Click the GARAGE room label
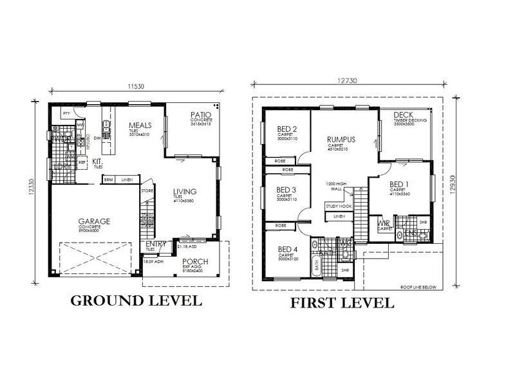coord(94,221)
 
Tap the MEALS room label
coord(140,125)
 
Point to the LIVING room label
coord(184,191)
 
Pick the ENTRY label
coord(155,244)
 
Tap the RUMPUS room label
coord(341,138)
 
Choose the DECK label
coord(403,116)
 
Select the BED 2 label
coord(286,128)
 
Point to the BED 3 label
coord(286,190)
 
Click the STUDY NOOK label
coord(339,207)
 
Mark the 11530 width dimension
coord(136,86)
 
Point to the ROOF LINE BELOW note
coord(417,287)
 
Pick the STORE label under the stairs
coord(147,191)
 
